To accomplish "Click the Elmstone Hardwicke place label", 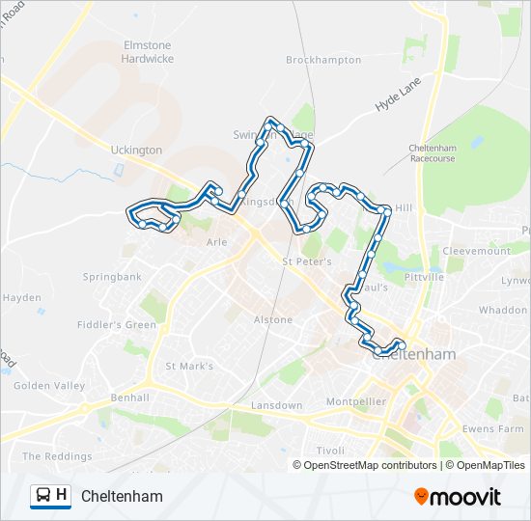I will (x=147, y=51).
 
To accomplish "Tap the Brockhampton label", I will (x=323, y=60).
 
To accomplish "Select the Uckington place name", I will (x=137, y=151).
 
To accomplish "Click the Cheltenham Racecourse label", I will (x=432, y=152).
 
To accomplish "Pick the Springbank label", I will (x=112, y=277).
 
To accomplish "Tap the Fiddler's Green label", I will (x=120, y=325).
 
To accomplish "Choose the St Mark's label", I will (x=189, y=367).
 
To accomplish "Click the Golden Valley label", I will (x=49, y=386).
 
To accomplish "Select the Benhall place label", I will (x=129, y=398).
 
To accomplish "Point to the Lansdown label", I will (x=276, y=406).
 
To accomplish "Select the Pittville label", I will (x=425, y=276).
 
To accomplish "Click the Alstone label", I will (x=272, y=319).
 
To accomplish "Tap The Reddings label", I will (x=57, y=456).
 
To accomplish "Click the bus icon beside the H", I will (x=43, y=496).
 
